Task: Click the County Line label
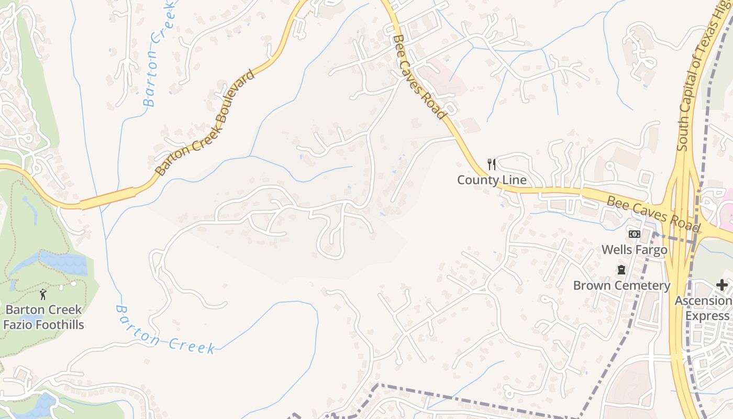(492, 180)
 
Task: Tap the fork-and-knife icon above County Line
(491, 164)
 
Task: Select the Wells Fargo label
(635, 249)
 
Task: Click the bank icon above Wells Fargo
(635, 234)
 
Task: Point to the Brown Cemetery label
(621, 285)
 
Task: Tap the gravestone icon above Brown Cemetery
(621, 270)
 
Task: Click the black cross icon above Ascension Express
(722, 285)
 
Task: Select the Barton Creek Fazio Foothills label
(43, 317)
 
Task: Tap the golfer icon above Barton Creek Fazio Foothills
(43, 294)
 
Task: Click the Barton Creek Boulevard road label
(206, 123)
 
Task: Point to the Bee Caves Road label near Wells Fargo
(653, 214)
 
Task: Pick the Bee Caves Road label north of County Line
(419, 76)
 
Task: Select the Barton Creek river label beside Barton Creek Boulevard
(157, 52)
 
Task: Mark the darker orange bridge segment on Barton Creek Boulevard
(108, 199)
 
